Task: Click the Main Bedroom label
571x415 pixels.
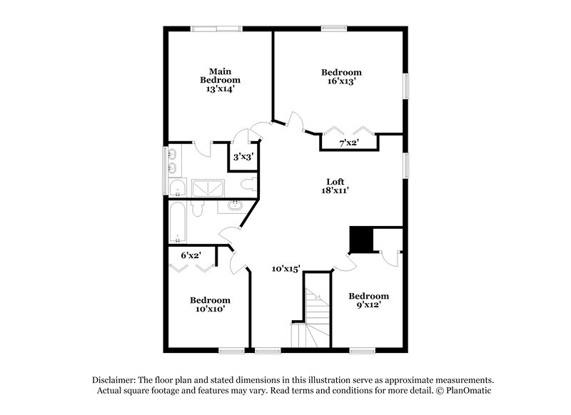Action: coord(219,80)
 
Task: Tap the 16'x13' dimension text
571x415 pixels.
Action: coord(340,82)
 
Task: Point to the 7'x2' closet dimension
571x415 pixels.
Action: coord(348,143)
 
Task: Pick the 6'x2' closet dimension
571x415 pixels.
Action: coord(191,255)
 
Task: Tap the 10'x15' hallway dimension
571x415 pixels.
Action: coord(285,269)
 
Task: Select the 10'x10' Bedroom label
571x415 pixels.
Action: coord(210,305)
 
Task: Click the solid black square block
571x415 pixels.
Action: coord(360,240)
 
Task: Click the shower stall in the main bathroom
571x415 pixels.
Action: coord(208,185)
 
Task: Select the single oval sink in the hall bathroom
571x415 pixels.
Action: coord(236,207)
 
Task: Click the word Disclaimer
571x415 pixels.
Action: coord(116,379)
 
